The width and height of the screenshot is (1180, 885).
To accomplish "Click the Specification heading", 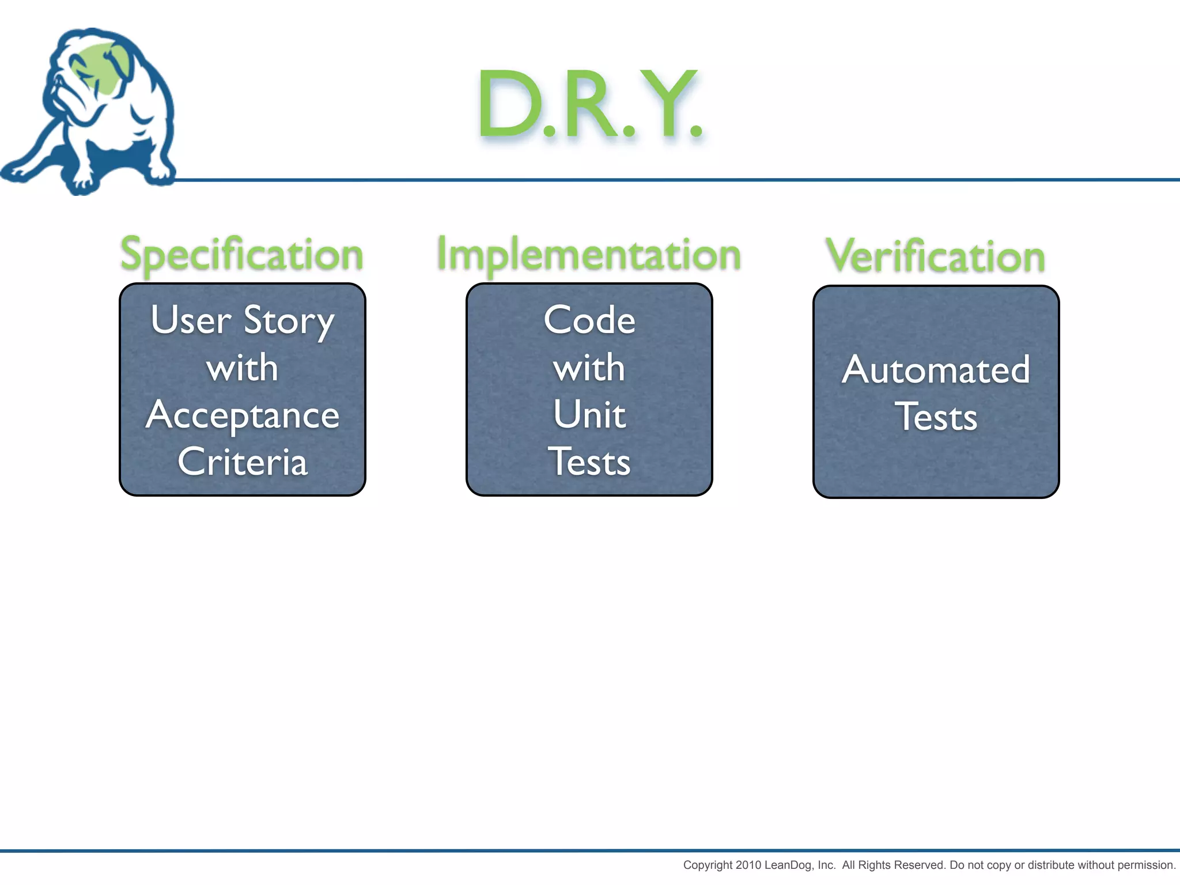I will [242, 254].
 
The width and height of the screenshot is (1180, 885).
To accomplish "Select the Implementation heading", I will [589, 254].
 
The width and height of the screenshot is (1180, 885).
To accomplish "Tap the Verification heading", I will [936, 256].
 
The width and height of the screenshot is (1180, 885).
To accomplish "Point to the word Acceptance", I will [243, 416].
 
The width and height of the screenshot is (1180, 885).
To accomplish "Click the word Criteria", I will [243, 462].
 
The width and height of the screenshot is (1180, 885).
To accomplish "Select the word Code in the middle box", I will [589, 320].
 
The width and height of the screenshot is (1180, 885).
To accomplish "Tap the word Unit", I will [589, 415].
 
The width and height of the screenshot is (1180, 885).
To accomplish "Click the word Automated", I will [936, 370].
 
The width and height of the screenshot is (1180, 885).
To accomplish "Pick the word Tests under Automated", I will [936, 417].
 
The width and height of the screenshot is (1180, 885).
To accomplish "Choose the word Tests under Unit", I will [589, 462].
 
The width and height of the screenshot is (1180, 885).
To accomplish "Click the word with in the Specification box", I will [243, 368].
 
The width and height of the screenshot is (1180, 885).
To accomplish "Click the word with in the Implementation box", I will [589, 368].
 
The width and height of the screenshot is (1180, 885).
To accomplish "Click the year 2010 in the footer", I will [748, 865].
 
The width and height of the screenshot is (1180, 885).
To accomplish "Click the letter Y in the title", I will [668, 103].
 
